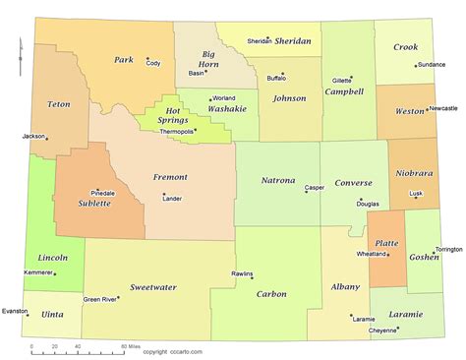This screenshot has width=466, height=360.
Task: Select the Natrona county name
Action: (278, 180)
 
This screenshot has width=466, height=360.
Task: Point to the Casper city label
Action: (315, 187)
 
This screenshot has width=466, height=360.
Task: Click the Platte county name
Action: (386, 242)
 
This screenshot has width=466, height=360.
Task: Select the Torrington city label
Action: (448, 249)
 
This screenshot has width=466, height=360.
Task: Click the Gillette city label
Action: (341, 80)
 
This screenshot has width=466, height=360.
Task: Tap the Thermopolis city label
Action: (177, 132)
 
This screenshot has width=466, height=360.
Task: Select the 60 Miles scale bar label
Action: (131, 347)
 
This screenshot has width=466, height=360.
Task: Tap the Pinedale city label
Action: (102, 193)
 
